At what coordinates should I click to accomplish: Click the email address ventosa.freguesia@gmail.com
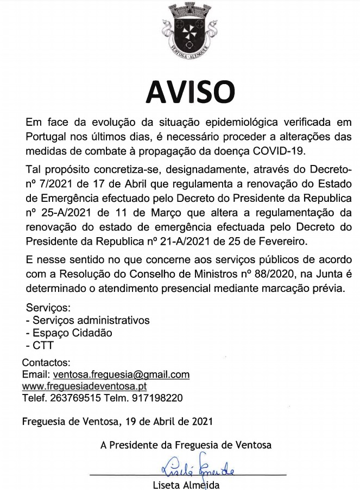120,374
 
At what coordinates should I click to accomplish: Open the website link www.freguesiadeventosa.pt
85,386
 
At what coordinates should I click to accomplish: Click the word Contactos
46,362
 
